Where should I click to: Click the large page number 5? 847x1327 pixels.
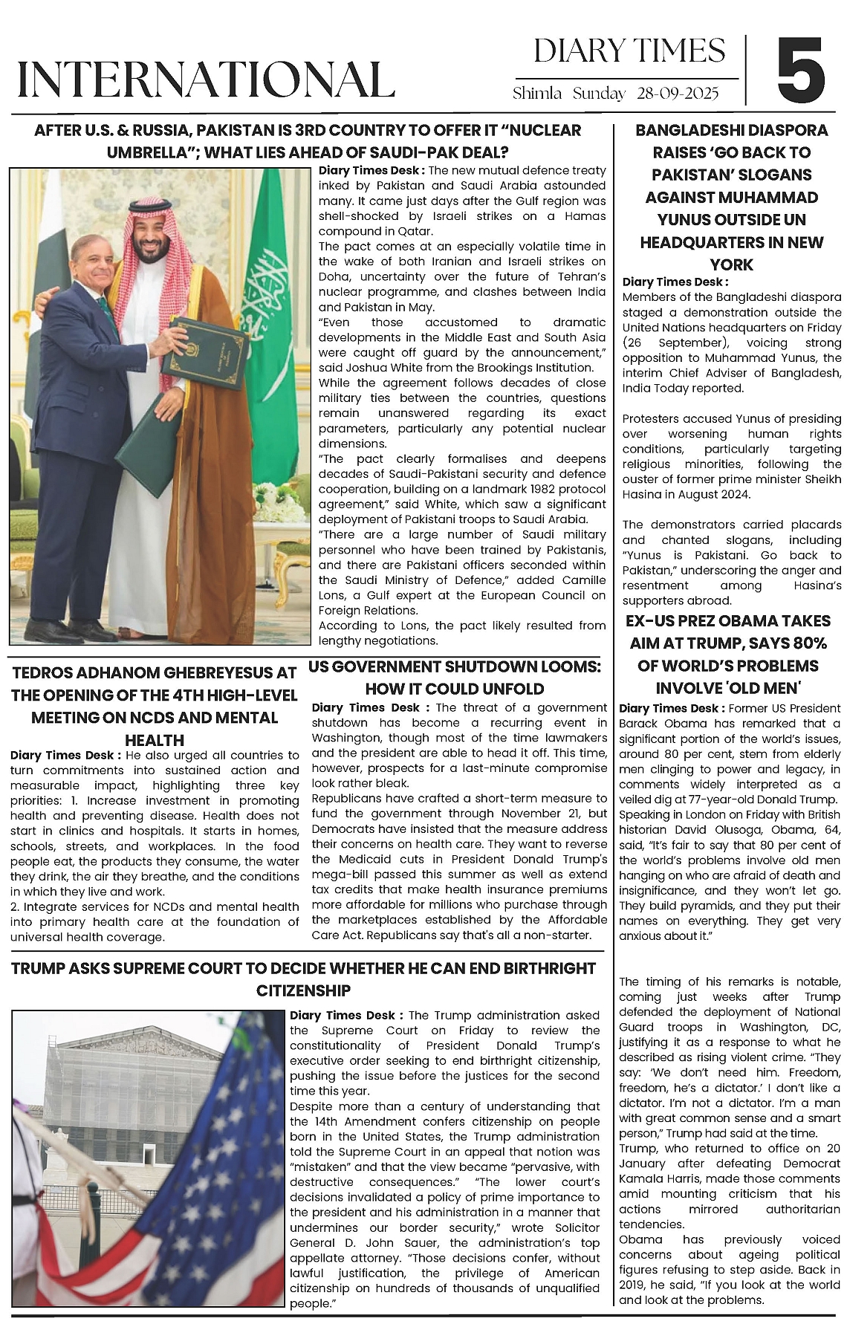click(801, 71)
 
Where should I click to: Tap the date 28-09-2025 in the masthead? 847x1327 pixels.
click(678, 94)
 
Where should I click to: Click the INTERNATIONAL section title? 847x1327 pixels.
click(206, 80)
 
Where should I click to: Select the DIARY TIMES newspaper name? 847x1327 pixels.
click(629, 51)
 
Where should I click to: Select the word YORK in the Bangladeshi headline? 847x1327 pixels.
click(731, 265)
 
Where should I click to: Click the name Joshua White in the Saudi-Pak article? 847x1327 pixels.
click(384, 368)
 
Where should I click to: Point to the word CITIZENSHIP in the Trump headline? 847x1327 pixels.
click(303, 990)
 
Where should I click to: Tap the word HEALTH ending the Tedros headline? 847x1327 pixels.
click(155, 740)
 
